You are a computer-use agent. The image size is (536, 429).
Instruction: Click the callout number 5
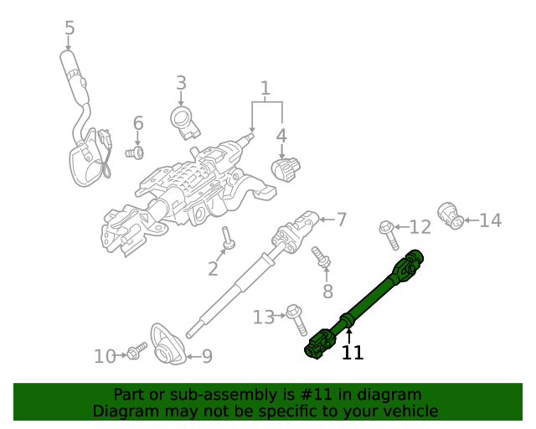click(x=70, y=28)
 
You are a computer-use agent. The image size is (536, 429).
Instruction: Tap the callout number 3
click(x=181, y=83)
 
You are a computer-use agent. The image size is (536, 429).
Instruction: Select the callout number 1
click(x=265, y=88)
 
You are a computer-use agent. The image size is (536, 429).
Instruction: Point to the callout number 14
click(x=490, y=220)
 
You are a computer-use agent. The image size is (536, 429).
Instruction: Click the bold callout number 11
click(x=353, y=353)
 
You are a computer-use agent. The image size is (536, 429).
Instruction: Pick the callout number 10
click(x=105, y=356)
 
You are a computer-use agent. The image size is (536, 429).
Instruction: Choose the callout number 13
click(x=264, y=317)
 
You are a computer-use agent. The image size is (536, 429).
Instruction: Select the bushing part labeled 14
click(x=451, y=215)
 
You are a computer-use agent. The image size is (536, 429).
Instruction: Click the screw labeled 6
click(x=135, y=152)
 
